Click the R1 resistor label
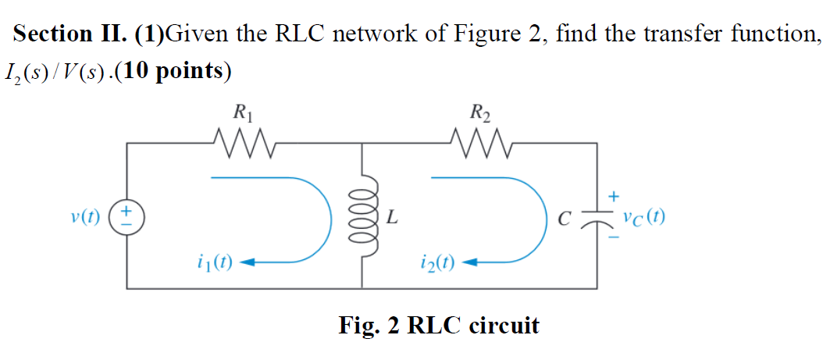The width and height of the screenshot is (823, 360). click(242, 115)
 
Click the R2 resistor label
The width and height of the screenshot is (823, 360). click(481, 115)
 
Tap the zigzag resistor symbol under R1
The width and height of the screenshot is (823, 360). click(242, 144)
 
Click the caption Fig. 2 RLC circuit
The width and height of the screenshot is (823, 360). click(438, 324)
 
